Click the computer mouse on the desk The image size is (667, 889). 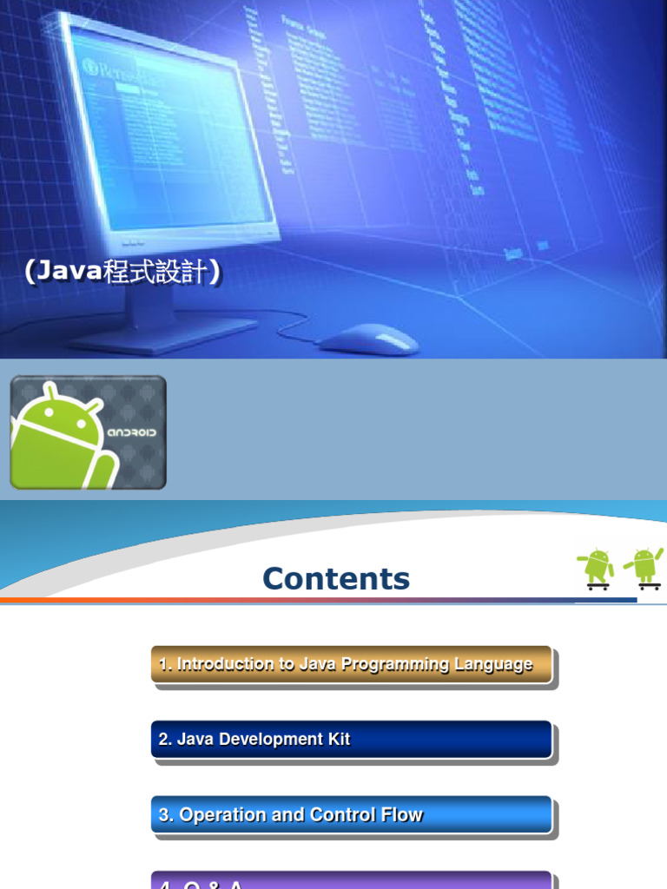370,339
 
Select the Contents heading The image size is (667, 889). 336,579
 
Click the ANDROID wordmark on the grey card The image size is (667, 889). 132,431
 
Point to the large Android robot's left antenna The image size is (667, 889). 51,392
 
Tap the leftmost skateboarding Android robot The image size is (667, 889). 597,569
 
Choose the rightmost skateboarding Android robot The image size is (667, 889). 644,567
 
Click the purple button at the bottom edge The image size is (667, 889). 352,880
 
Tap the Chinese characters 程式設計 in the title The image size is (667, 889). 155,273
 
